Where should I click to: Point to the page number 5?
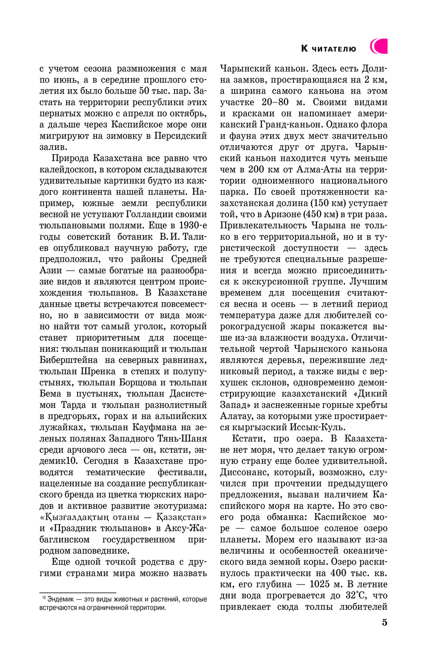385,622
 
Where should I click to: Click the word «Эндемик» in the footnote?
60,599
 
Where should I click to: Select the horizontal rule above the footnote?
78,592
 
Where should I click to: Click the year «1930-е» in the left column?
193,225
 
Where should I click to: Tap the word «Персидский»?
184,136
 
